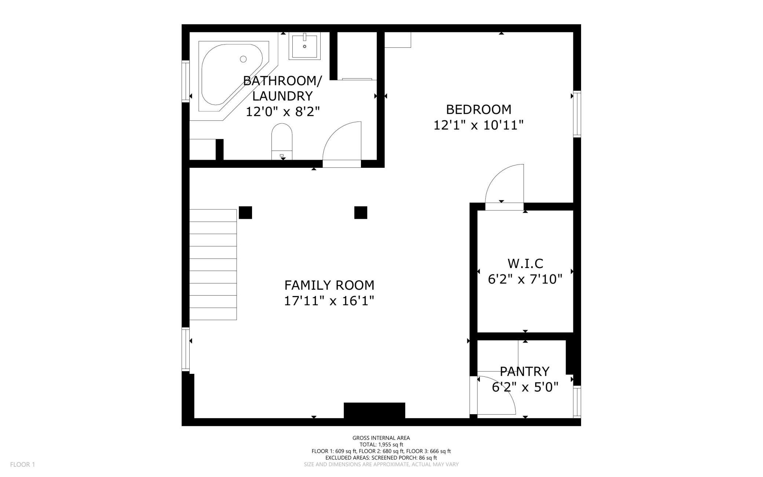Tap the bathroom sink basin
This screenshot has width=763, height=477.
point(304,46)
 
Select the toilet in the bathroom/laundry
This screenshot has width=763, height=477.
point(282,141)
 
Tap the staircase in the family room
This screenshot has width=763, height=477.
point(213,264)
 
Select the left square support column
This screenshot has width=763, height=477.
point(245,213)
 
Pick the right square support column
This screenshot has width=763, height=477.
point(361,213)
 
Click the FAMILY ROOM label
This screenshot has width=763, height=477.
point(329,285)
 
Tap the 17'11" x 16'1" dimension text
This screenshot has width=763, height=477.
point(329,301)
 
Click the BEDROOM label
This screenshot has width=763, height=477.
point(479,109)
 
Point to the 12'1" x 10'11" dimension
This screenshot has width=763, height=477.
point(479,125)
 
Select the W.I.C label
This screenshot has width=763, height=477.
point(525,263)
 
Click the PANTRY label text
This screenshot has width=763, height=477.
point(525,371)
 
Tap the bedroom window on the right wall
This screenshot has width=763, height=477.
point(577,114)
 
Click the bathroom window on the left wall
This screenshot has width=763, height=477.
point(186,81)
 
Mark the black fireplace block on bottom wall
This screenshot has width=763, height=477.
point(375,411)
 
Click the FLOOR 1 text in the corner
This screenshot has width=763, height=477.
point(23,465)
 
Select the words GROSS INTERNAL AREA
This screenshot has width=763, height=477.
point(381,438)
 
